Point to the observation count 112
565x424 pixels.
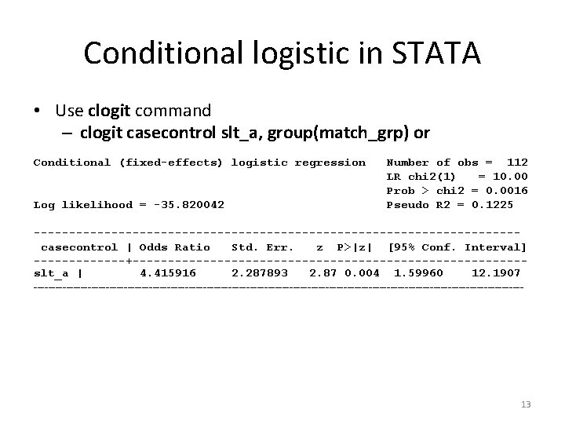(517, 163)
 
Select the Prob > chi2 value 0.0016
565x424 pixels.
(507, 191)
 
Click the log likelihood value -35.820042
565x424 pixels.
(181, 205)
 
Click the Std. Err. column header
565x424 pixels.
(263, 247)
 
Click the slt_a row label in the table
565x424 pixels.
(51, 273)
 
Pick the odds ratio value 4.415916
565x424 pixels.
(167, 273)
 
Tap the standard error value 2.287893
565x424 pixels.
(259, 273)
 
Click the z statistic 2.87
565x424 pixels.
(323, 273)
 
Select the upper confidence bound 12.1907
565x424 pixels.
(496, 273)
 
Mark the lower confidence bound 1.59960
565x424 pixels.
(418, 273)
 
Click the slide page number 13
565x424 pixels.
(526, 404)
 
